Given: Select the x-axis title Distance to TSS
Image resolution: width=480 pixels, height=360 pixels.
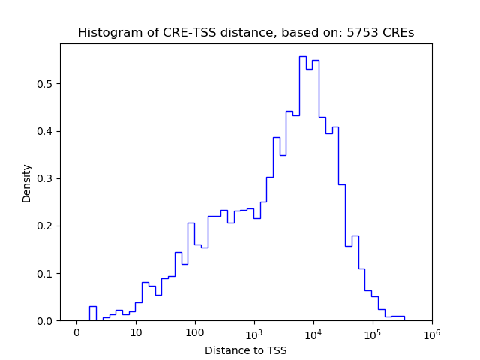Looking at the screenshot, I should (246, 350).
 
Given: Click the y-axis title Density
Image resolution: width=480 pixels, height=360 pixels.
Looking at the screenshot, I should (27, 183).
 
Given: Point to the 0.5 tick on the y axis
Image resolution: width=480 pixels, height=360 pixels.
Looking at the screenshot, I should (46, 84).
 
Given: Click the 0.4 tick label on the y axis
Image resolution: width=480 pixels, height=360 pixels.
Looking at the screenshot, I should (46, 131).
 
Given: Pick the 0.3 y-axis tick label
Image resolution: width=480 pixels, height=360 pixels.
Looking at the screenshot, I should (46, 178).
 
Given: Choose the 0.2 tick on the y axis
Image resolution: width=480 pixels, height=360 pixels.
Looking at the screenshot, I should (46, 226).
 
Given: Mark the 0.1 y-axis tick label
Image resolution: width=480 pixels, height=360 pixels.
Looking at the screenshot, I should (46, 273).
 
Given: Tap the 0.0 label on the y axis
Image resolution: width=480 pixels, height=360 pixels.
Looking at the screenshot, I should (46, 321).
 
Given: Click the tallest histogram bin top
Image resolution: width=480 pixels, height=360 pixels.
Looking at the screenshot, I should (302, 56).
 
